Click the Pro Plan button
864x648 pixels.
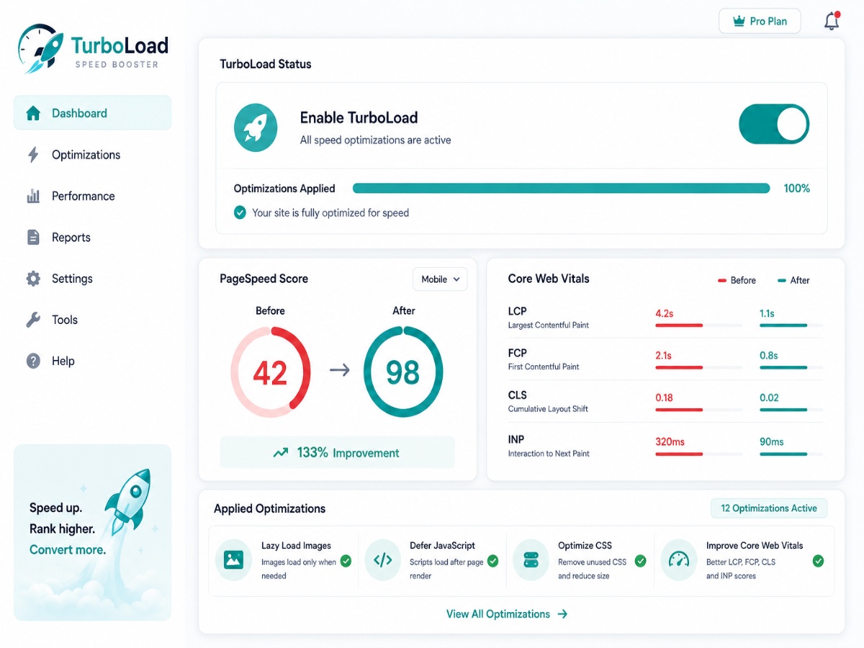pyautogui.click(x=760, y=22)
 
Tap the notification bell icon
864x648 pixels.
pyautogui.click(x=832, y=21)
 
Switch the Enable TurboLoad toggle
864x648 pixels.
pyautogui.click(x=774, y=124)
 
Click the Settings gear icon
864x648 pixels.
pyautogui.click(x=33, y=279)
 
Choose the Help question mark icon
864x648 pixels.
pyautogui.click(x=33, y=361)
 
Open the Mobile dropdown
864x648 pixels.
pyautogui.click(x=440, y=279)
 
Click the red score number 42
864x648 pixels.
pyautogui.click(x=270, y=373)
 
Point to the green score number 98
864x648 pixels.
pyautogui.click(x=402, y=372)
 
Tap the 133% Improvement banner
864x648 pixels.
pyautogui.click(x=338, y=452)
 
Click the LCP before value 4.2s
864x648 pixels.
pyautogui.click(x=664, y=314)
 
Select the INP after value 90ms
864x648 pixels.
pyautogui.click(x=772, y=442)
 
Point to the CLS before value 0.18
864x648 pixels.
pyautogui.click(x=664, y=397)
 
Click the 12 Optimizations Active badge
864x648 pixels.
pyautogui.click(x=769, y=508)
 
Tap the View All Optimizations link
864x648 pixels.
pyautogui.click(x=507, y=614)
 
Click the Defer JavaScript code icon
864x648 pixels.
pyautogui.click(x=382, y=560)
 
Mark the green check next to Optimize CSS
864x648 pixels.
pyautogui.click(x=640, y=561)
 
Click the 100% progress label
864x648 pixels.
pyautogui.click(x=797, y=189)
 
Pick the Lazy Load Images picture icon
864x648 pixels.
pyautogui.click(x=233, y=560)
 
